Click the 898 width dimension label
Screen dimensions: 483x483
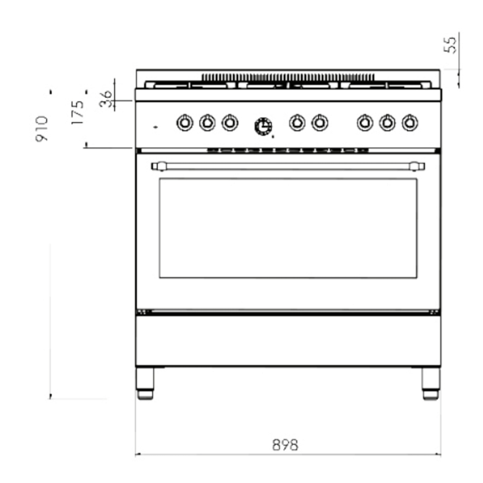(x=285, y=444)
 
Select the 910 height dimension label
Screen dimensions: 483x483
(x=42, y=128)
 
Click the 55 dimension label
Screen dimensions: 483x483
(x=451, y=44)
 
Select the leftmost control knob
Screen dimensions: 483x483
(x=185, y=123)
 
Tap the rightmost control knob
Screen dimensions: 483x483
(x=410, y=123)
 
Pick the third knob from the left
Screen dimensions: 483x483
(x=230, y=123)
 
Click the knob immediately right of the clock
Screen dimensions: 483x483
(x=297, y=123)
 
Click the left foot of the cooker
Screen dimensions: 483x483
(x=145, y=383)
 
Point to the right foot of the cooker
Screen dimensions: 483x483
(x=430, y=383)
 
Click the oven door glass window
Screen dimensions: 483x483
(x=288, y=228)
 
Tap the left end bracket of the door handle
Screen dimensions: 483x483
(x=158, y=167)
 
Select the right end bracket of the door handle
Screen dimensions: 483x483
(x=416, y=167)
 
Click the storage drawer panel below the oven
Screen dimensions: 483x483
(x=288, y=340)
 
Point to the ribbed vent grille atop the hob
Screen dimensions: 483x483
(x=288, y=77)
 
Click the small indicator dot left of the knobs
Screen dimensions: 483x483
(x=155, y=127)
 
